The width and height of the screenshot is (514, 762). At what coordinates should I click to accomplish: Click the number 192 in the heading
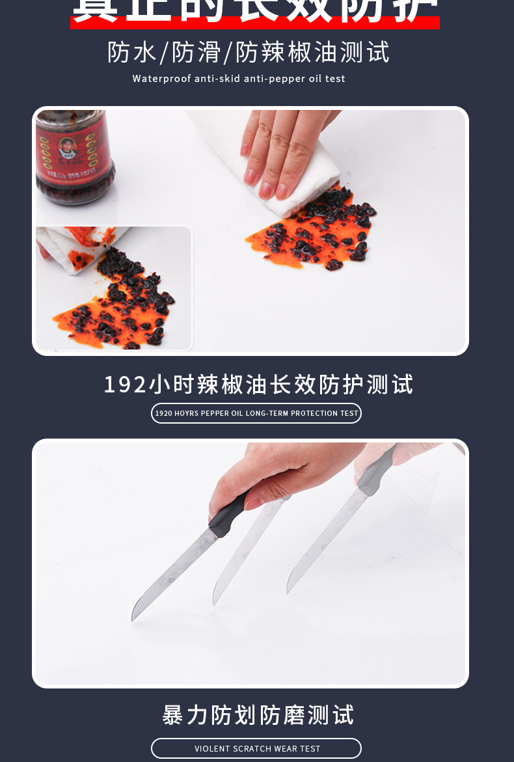125,384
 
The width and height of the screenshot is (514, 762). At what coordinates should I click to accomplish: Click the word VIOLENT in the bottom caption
212,748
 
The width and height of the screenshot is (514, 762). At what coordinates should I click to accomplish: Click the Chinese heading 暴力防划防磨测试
258,714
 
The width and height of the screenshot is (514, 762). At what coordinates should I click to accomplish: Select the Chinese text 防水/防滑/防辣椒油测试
249,52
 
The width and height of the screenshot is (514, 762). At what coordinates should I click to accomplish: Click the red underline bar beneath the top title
255,23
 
